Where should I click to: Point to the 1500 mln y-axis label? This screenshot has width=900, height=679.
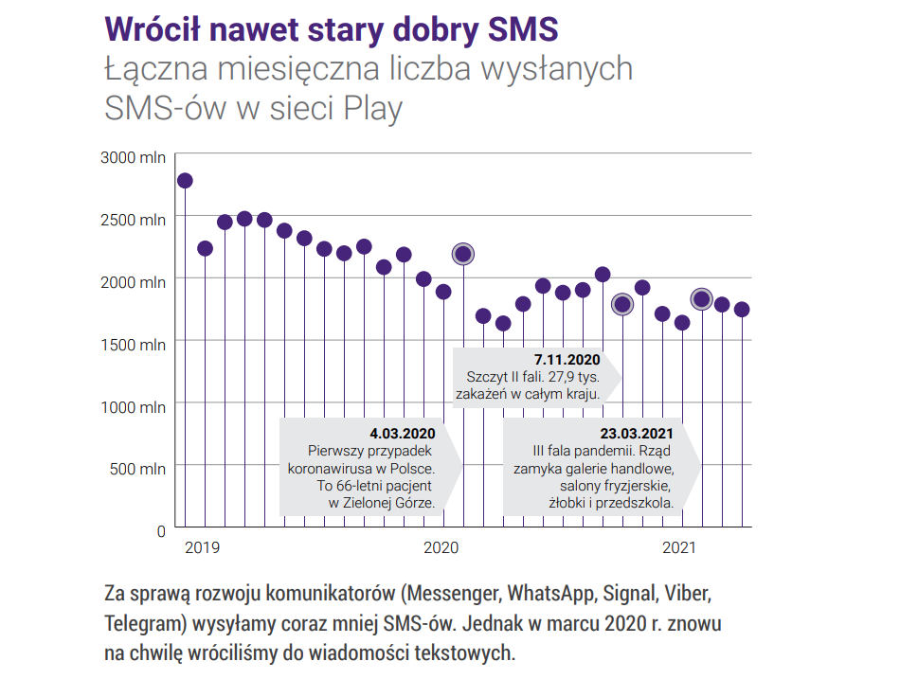click(x=134, y=344)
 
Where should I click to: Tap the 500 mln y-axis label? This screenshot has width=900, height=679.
click(x=137, y=469)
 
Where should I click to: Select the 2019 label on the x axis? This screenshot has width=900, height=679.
click(x=202, y=547)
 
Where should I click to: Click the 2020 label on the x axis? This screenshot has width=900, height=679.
click(x=441, y=547)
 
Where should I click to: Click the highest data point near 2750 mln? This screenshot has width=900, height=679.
click(x=185, y=180)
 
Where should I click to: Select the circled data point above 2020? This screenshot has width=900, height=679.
click(x=463, y=253)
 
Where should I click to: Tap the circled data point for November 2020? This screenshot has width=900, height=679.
click(x=621, y=304)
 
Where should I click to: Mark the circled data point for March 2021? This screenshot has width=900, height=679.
click(x=701, y=299)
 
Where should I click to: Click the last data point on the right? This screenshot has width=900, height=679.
click(x=742, y=310)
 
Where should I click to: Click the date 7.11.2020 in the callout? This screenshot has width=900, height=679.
click(x=567, y=361)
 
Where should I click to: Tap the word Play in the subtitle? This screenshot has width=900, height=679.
click(x=371, y=108)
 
